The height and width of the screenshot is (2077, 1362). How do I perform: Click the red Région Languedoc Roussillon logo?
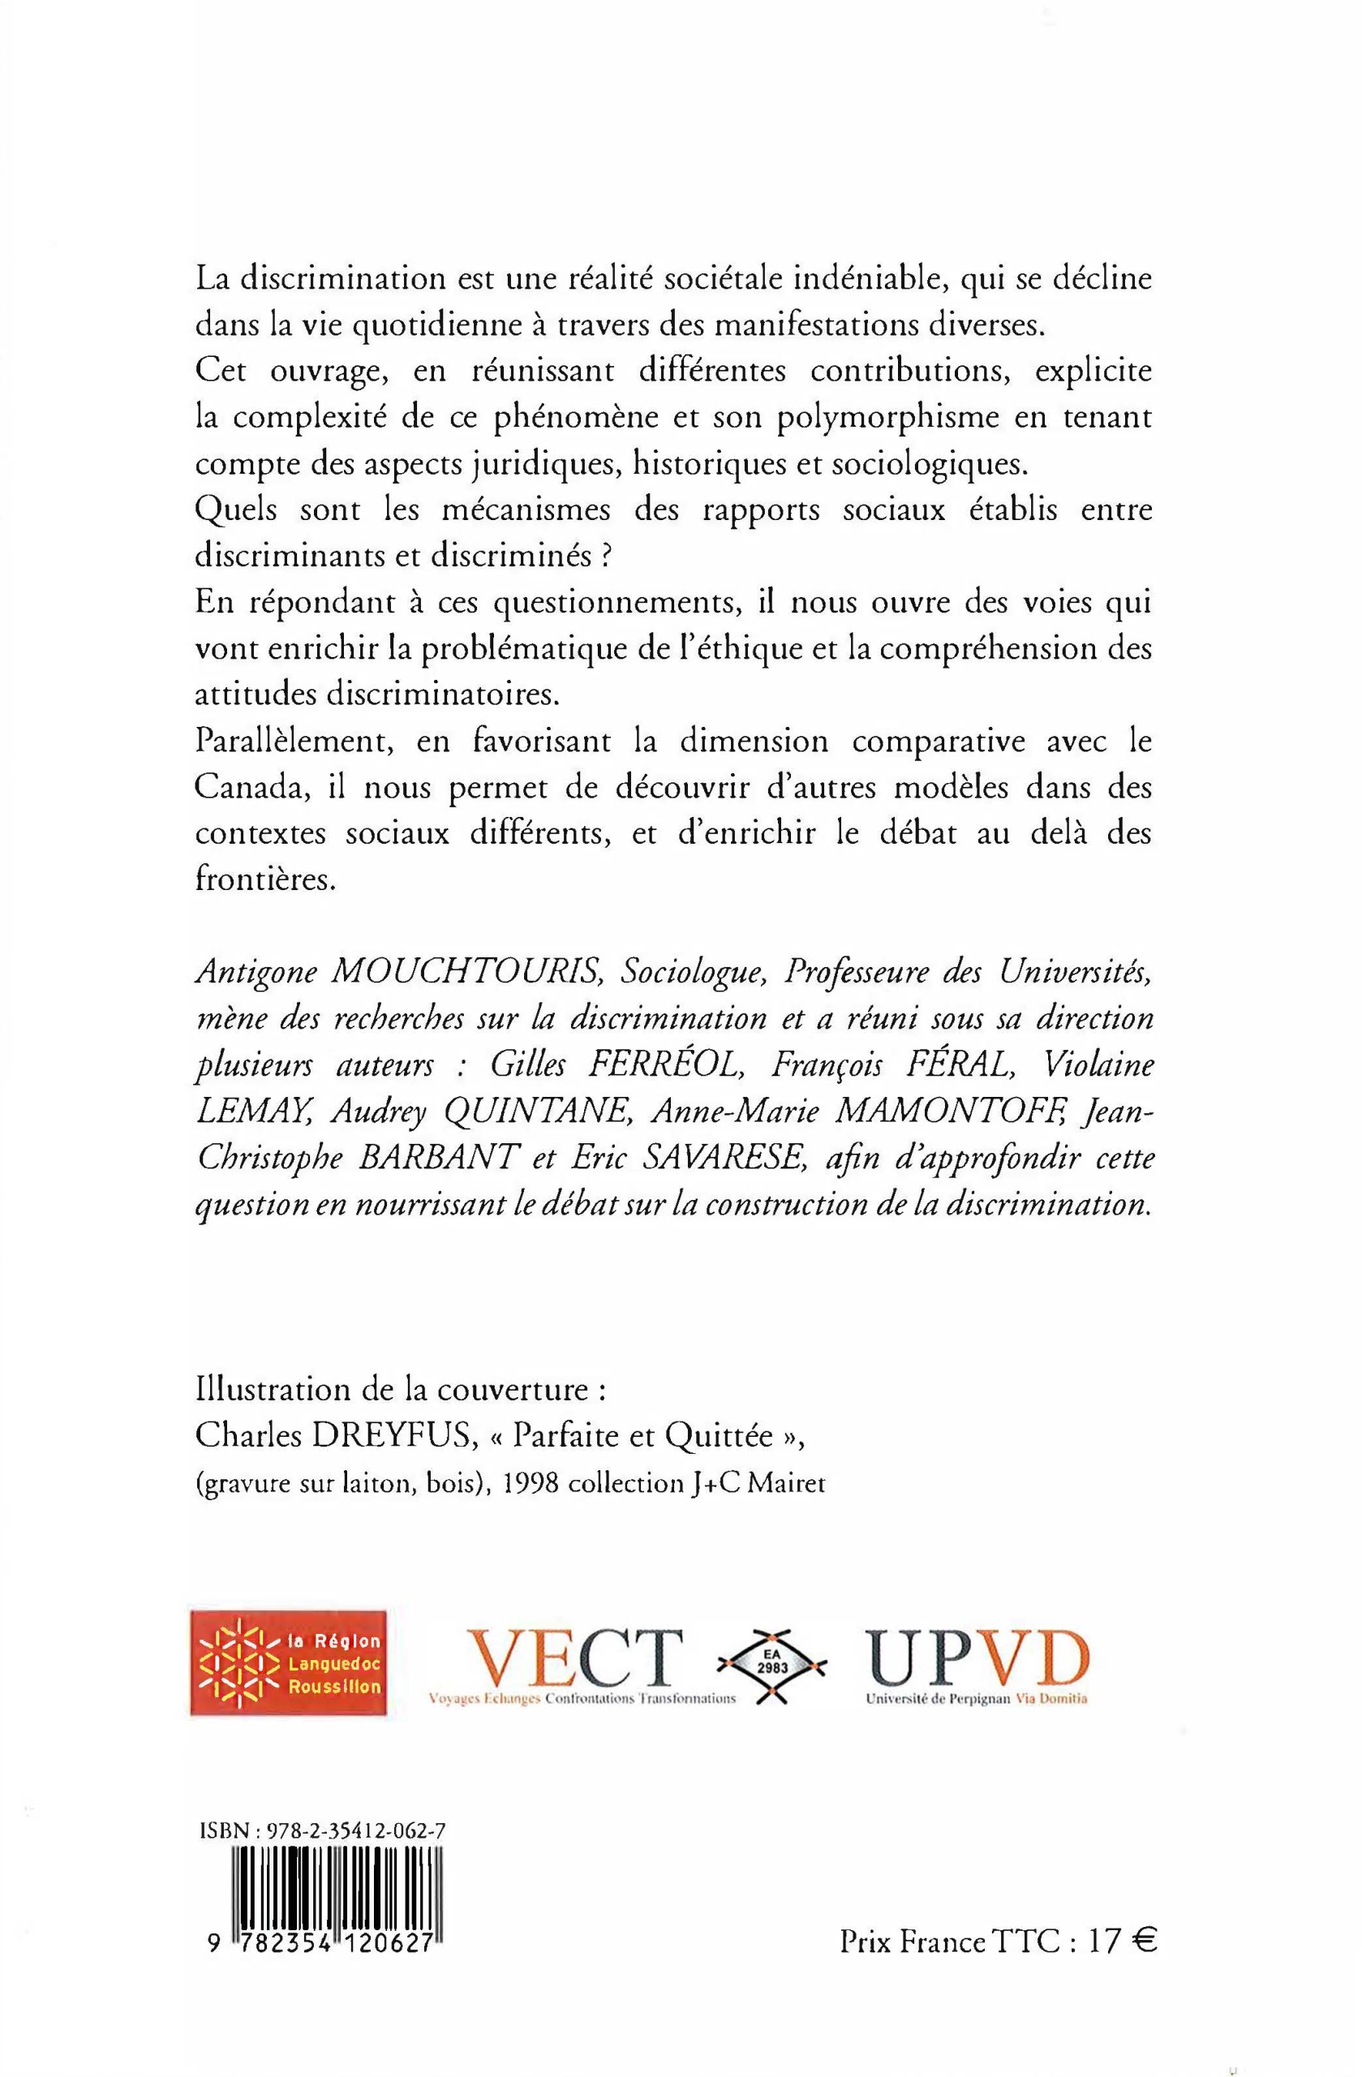tap(289, 1662)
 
